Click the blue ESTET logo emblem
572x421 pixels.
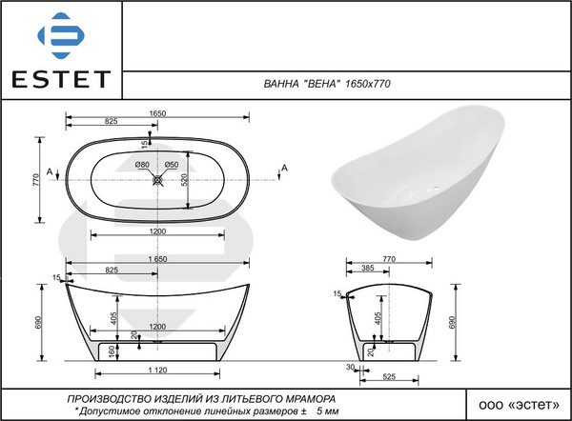coord(61,35)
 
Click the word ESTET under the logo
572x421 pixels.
coord(61,79)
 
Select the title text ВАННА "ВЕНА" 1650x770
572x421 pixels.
coord(327,84)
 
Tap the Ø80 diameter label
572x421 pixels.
coord(142,165)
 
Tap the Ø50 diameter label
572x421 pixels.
coord(172,165)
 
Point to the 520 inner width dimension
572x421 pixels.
coord(185,180)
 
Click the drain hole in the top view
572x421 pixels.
coord(157,180)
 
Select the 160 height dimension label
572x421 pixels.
coord(112,351)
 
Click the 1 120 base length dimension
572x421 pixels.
coord(157,371)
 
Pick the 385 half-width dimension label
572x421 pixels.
coord(368,268)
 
